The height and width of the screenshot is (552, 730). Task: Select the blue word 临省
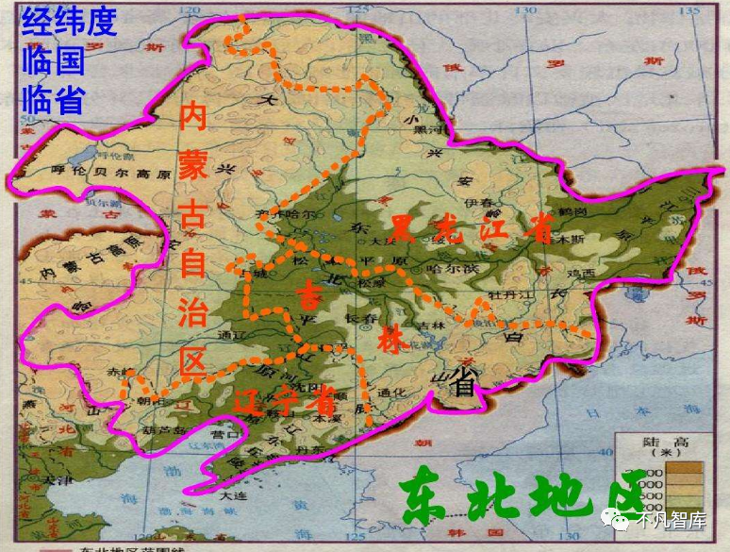(x=54, y=98)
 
